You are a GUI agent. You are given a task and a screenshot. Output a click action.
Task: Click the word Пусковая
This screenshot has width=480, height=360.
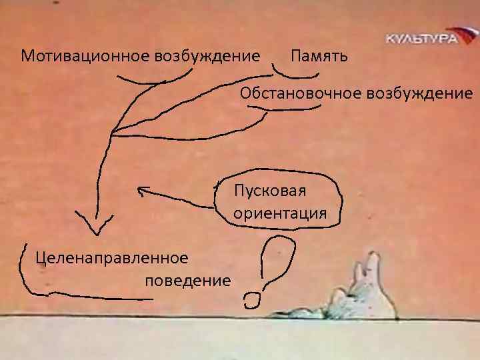click(x=269, y=193)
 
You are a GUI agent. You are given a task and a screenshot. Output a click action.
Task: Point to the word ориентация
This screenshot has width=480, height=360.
click(x=279, y=214)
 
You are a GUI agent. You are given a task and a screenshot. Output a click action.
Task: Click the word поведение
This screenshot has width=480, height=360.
click(x=187, y=279)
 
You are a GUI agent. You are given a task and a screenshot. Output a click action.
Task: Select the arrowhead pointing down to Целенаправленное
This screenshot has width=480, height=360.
click(x=95, y=227)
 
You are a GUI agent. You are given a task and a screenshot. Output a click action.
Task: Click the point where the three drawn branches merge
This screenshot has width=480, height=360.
click(x=112, y=133)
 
